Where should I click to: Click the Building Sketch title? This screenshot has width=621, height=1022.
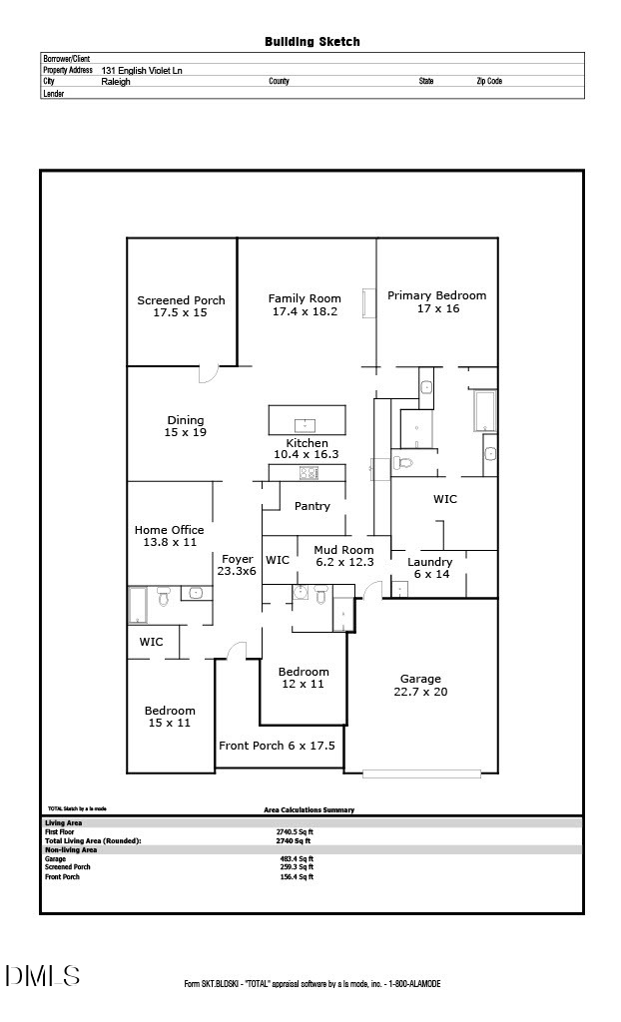point(311,42)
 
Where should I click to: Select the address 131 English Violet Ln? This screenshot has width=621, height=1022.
point(142,71)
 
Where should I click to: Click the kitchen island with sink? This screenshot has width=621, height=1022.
point(307,420)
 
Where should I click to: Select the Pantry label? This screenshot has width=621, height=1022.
point(311,506)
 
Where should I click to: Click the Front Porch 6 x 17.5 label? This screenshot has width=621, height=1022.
point(277,746)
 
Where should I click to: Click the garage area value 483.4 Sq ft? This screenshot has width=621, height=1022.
point(297,858)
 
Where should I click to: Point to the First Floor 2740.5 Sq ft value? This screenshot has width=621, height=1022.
point(295,831)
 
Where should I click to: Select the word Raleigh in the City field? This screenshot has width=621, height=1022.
point(116,82)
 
